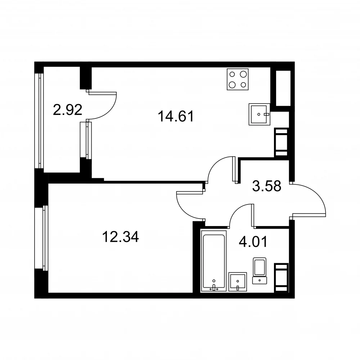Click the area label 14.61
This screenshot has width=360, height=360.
coord(176,116)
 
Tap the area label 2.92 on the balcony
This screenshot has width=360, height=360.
coord(68,110)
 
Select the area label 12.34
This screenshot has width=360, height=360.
coord(120,237)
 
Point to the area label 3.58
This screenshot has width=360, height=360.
coord(266,186)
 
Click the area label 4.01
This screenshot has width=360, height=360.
coord(253,242)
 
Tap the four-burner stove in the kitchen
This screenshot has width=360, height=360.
coord(238,79)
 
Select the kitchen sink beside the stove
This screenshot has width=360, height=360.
coord(260,114)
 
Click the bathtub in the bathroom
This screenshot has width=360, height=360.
coord(214,261)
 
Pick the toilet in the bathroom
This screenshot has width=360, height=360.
coord(260,271)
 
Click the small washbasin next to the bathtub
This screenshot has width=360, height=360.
coord(238,282)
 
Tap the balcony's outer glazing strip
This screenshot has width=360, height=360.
coord(39,121)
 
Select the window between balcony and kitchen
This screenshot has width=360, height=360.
coord(86,140)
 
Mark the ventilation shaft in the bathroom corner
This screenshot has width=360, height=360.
coord(281,278)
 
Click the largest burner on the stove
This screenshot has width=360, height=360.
coord(232,85)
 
